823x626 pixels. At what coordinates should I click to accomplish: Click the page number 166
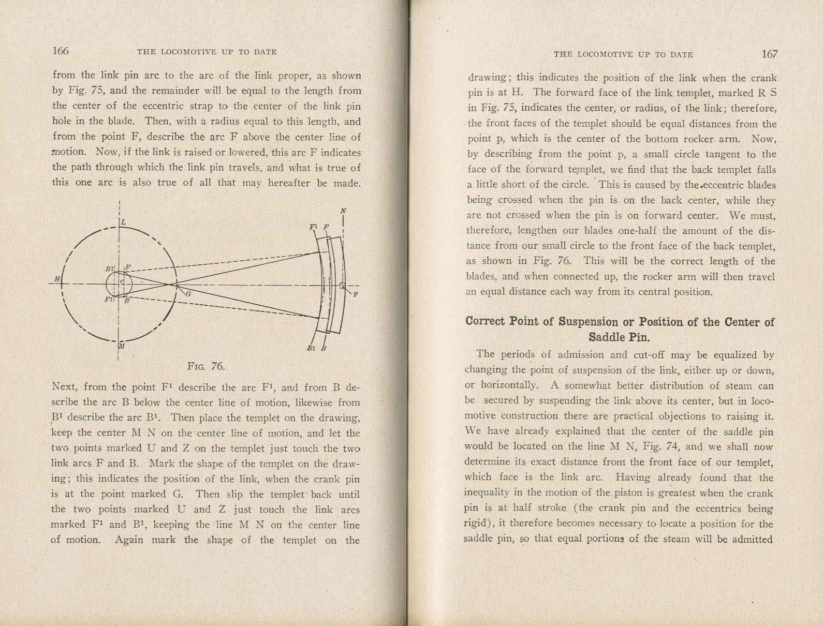[61, 51]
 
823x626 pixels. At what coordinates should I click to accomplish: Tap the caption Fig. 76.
[206, 366]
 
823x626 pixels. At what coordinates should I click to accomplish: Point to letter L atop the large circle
[124, 222]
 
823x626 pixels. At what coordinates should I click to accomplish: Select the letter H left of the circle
[57, 279]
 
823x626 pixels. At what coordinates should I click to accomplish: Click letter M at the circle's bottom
[122, 346]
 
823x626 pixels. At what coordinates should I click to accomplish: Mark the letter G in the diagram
[188, 294]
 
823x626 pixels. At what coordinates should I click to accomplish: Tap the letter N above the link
[343, 211]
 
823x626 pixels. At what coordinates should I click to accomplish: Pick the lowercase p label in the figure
[356, 294]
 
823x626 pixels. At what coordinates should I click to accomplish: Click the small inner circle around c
[119, 284]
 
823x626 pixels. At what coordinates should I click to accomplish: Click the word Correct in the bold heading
[486, 321]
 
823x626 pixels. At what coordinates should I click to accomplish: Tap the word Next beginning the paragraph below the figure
[65, 387]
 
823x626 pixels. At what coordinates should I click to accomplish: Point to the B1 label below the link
[311, 348]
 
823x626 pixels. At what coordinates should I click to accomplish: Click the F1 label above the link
[314, 227]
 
